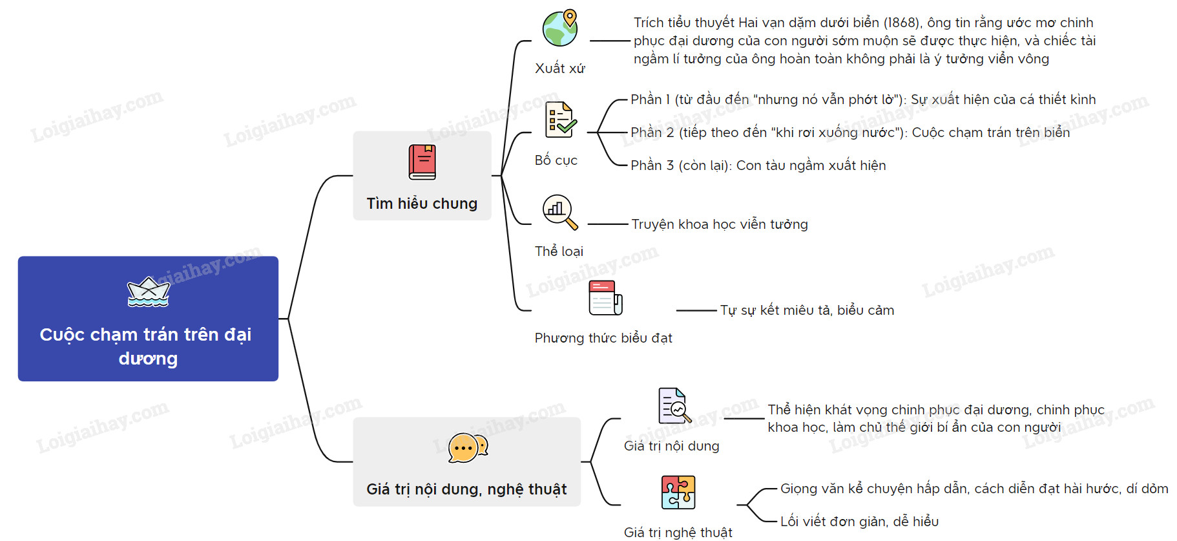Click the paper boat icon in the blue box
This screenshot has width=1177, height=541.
[149, 292]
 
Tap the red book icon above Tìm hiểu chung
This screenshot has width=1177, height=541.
[422, 162]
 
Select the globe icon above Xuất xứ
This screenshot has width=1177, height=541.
[560, 28]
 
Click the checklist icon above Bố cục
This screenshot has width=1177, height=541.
[560, 120]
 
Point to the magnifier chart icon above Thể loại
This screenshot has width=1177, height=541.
[559, 212]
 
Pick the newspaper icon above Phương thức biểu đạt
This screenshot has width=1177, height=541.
[605, 298]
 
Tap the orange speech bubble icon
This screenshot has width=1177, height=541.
[467, 447]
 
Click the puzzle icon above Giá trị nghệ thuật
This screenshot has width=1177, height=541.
[678, 493]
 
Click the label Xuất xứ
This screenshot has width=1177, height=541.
[560, 69]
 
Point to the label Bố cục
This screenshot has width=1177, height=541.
[556, 160]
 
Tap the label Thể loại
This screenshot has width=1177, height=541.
[559, 251]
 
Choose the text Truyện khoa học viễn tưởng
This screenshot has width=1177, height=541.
[720, 224]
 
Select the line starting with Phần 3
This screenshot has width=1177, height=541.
[758, 165]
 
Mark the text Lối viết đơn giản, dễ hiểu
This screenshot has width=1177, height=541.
[859, 522]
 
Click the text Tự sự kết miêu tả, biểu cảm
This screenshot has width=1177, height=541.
[807, 310]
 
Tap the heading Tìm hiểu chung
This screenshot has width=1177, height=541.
[422, 204]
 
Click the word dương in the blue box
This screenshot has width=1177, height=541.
[148, 359]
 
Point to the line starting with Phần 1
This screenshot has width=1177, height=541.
[863, 100]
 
